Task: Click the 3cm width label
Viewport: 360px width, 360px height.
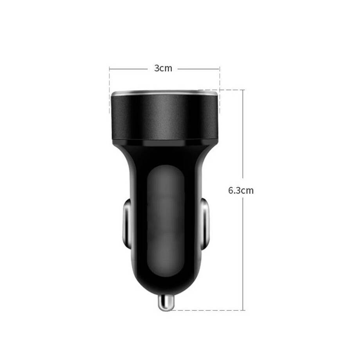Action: [x=163, y=68]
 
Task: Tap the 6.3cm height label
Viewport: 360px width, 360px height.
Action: [x=241, y=191]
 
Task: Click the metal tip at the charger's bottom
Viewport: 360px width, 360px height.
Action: [x=166, y=303]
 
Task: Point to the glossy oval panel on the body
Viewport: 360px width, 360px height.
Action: [x=165, y=221]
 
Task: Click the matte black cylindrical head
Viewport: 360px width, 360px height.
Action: [x=165, y=117]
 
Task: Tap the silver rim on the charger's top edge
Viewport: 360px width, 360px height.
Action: [x=165, y=93]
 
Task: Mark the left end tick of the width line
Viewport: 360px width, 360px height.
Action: [x=110, y=69]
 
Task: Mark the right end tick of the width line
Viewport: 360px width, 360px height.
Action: [x=220, y=69]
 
